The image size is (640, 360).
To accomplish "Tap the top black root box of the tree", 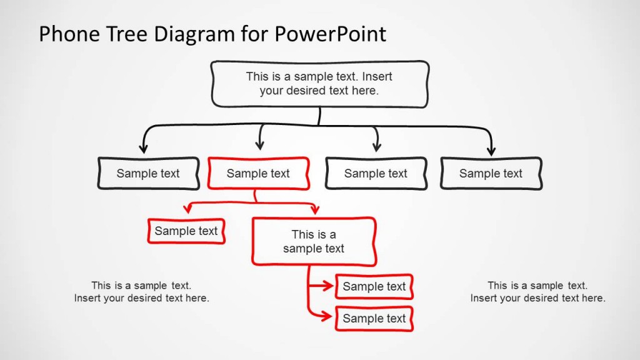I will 320,83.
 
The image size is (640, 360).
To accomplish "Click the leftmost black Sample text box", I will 148,174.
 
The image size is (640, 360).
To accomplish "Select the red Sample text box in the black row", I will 258,174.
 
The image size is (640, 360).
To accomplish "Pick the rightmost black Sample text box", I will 491,174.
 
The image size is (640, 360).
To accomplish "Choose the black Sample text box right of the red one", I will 376,174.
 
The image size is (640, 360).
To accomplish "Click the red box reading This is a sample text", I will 314,241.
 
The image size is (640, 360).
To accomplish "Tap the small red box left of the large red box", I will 186,231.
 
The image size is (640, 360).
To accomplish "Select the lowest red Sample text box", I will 374,319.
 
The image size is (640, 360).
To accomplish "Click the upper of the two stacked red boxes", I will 374,287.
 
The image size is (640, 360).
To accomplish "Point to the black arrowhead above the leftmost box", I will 143,149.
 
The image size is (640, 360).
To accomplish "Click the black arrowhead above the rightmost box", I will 491,151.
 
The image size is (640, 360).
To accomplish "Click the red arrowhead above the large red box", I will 315,210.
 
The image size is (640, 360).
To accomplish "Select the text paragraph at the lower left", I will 141,292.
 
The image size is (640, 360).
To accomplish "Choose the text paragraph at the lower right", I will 537,292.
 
